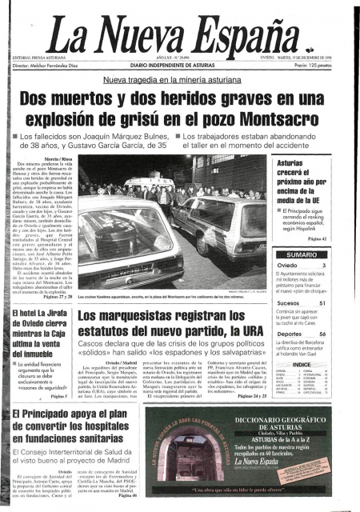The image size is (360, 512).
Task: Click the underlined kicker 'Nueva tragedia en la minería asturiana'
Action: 179,81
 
